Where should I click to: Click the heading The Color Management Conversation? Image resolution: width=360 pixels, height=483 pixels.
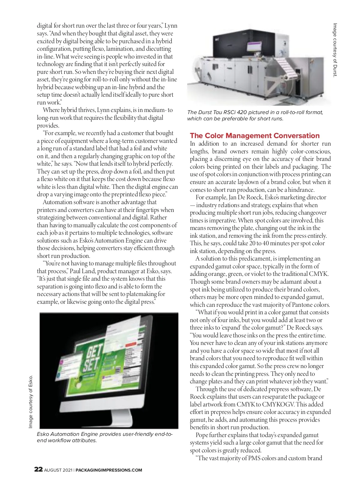pos(255,136)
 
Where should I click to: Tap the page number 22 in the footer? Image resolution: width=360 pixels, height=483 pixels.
pos(38,469)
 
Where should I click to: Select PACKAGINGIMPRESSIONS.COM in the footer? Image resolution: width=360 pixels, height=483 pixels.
pos(109,470)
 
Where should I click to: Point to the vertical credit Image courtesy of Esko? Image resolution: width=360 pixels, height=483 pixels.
pos(31,402)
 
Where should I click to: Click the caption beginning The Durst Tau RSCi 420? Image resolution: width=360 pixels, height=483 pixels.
pos(255,115)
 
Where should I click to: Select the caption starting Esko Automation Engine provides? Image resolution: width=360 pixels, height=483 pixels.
pos(105,437)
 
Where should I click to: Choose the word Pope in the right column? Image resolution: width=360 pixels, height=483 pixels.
pos(202,435)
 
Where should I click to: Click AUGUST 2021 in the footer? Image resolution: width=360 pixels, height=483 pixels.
pos(58,470)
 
